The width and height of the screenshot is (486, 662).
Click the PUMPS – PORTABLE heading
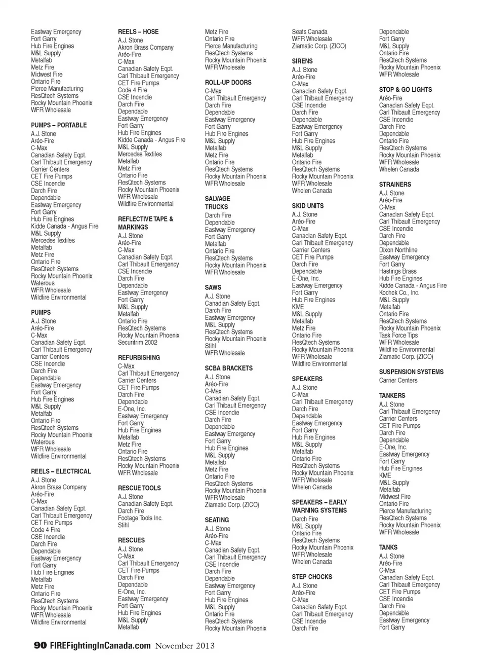pyautogui.click(x=59, y=125)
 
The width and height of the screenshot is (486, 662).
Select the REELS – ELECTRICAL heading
pyautogui.click(x=61, y=471)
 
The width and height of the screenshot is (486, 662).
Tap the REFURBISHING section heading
pyautogui.click(x=139, y=358)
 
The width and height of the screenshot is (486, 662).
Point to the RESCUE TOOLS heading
pyautogui.click(x=139, y=488)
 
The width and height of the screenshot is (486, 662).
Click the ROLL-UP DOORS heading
pyautogui.click(x=228, y=83)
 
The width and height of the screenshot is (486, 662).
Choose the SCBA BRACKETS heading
pyautogui.click(x=228, y=369)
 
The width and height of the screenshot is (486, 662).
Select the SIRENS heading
pyautogui.click(x=302, y=61)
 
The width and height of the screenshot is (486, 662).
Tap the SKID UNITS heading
pyautogui.click(x=307, y=206)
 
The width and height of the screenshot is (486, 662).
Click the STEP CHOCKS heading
pyautogui.click(x=312, y=577)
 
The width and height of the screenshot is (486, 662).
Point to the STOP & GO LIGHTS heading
pyautogui.click(x=406, y=90)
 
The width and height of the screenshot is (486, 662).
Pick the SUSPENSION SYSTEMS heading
pyautogui.click(x=411, y=372)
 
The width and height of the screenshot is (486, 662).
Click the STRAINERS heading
pyautogui.click(x=395, y=185)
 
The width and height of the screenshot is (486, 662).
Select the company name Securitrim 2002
pyautogui.click(x=138, y=343)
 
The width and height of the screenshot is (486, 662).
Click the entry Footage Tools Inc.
pyautogui.click(x=140, y=518)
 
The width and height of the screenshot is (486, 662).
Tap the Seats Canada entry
pyautogui.click(x=309, y=32)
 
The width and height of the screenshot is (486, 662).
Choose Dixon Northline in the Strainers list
pyautogui.click(x=398, y=250)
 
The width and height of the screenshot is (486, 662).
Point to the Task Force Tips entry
pyautogui.click(x=398, y=336)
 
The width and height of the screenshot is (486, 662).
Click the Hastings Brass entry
pyautogui.click(x=398, y=272)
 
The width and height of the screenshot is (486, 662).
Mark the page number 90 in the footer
pyautogui.click(x=40, y=646)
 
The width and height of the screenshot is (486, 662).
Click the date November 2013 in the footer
pyautogui.click(x=184, y=646)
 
